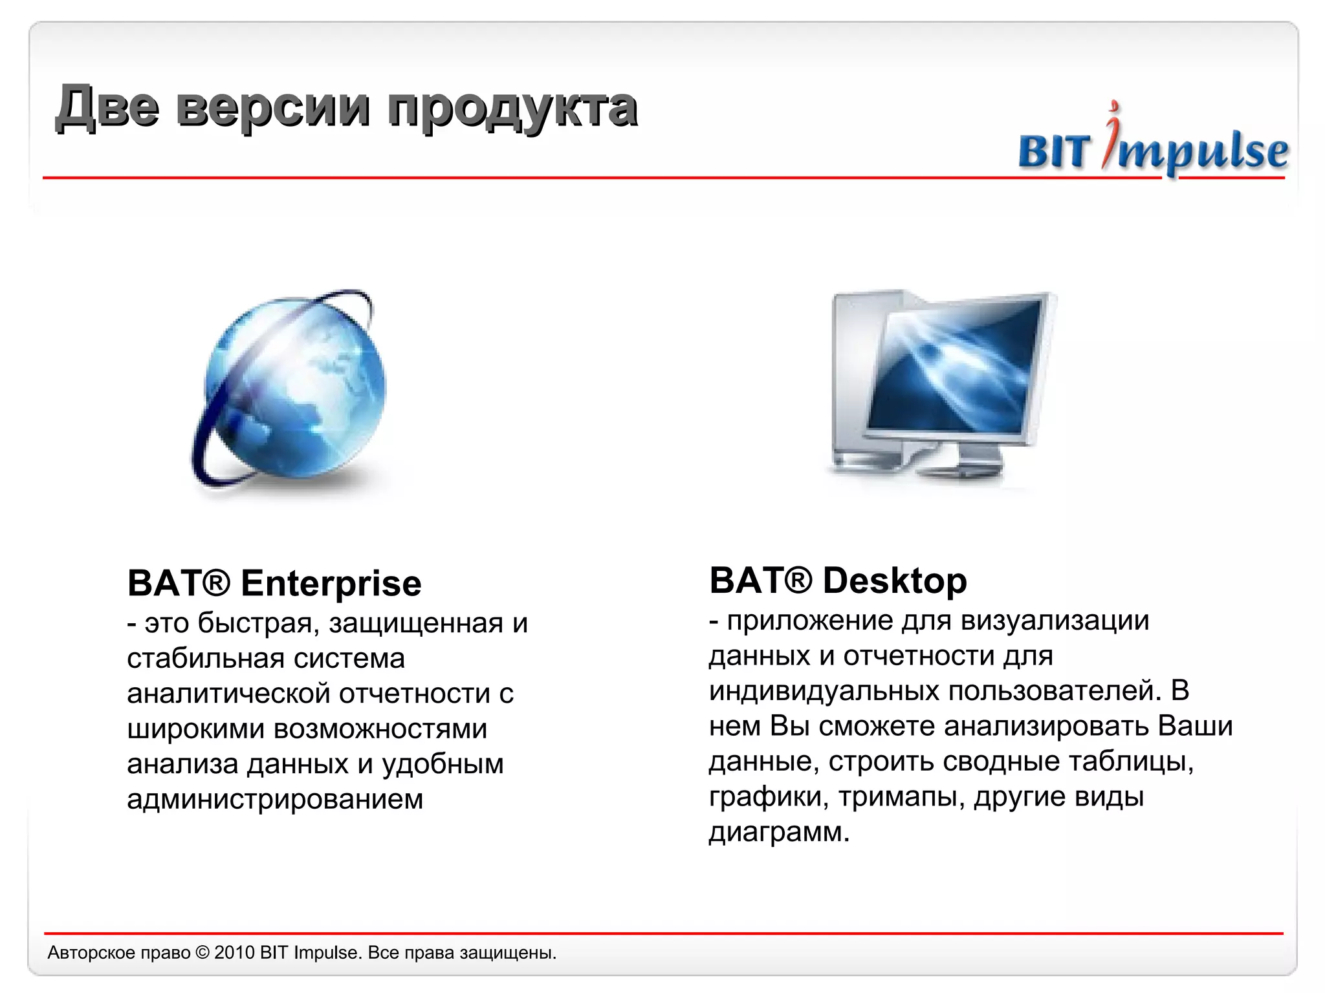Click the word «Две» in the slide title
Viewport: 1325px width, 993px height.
pyautogui.click(x=107, y=107)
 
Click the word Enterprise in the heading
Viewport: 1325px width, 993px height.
pyautogui.click(x=331, y=584)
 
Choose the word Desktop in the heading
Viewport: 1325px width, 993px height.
pyautogui.click(x=895, y=581)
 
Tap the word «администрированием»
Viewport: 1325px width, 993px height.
pyautogui.click(x=275, y=800)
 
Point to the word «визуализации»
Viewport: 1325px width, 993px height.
pyautogui.click(x=1055, y=621)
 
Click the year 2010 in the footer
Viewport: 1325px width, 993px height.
pyautogui.click(x=234, y=953)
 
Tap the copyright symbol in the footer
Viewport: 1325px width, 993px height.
pyautogui.click(x=203, y=953)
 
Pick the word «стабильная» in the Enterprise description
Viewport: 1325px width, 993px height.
pyautogui.click(x=206, y=659)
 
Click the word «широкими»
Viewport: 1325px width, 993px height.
pyautogui.click(x=195, y=729)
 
